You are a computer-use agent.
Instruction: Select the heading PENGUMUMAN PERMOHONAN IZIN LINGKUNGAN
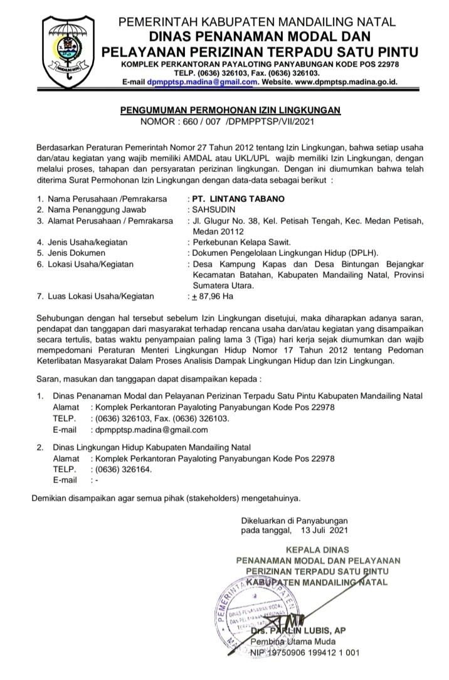point(230,110)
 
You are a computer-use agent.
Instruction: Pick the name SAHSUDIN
point(212,209)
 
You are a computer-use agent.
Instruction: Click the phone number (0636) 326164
point(123,469)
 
